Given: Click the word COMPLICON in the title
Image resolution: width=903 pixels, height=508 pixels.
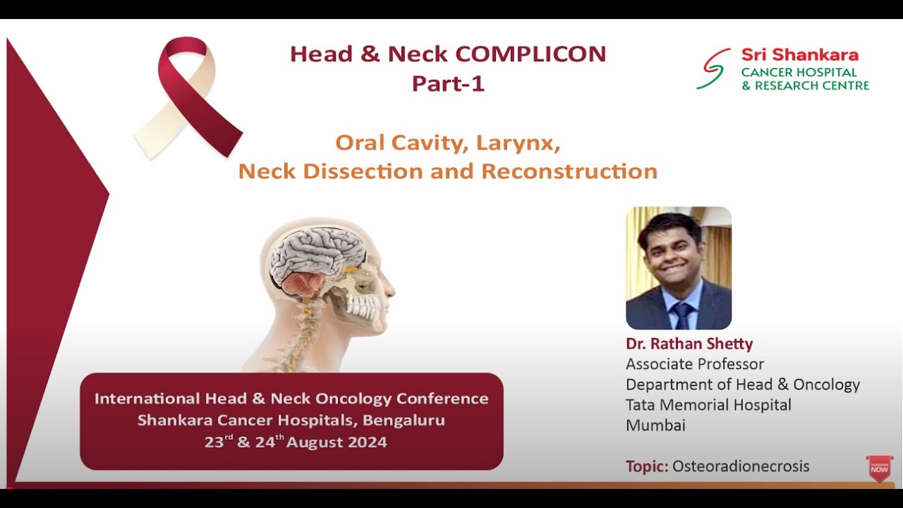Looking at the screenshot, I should [531, 54].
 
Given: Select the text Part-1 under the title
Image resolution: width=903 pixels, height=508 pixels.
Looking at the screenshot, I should [448, 83].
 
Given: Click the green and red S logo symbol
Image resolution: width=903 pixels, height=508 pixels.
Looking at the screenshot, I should [713, 68].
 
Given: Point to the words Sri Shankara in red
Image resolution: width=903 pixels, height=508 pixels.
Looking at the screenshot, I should [799, 55].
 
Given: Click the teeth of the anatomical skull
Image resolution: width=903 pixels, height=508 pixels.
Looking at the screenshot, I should [363, 306].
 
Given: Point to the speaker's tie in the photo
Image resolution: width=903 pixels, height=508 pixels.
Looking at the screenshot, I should [682, 315].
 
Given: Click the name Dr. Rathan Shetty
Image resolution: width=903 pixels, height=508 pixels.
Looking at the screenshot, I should [689, 344].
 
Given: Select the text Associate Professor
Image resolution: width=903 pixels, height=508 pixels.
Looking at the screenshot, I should [695, 365].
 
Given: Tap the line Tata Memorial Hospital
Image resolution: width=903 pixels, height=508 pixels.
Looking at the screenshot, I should [708, 405].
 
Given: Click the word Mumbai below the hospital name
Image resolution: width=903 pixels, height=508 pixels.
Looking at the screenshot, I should [655, 425].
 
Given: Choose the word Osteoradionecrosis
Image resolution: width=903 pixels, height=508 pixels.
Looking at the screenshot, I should [740, 466].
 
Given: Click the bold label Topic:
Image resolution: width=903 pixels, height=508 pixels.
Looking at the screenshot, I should [646, 466].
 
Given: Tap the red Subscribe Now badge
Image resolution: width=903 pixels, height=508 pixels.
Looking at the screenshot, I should [879, 468].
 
